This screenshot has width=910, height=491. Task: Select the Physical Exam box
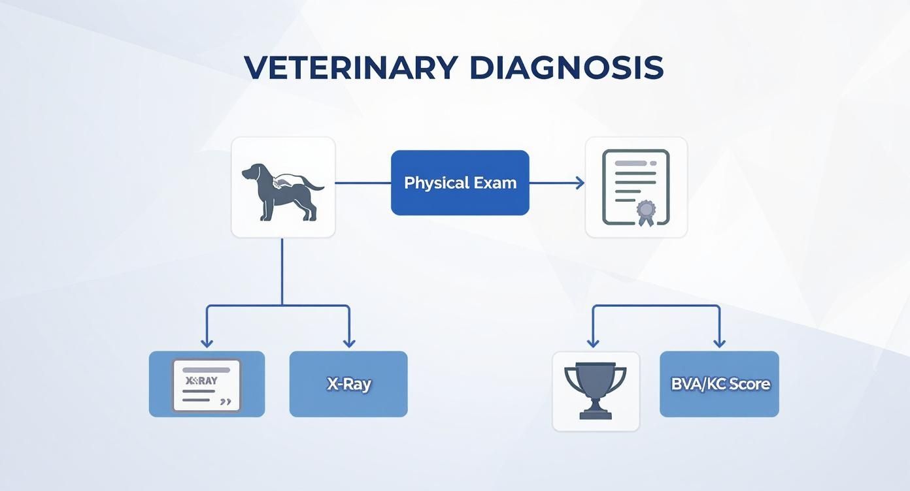click(x=460, y=183)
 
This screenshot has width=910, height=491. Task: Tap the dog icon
click(x=283, y=187)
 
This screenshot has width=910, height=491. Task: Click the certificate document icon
click(x=635, y=187)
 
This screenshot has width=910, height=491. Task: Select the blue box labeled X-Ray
click(x=348, y=384)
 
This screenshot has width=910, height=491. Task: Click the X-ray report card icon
click(x=207, y=385)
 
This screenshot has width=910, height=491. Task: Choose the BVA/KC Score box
click(x=719, y=384)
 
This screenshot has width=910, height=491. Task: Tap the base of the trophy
click(x=596, y=414)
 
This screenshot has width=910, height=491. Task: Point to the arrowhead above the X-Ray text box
click(x=348, y=342)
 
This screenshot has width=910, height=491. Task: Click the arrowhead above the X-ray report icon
click(x=207, y=342)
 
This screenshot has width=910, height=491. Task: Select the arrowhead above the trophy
click(x=593, y=342)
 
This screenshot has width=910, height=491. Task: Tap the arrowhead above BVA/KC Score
click(x=719, y=342)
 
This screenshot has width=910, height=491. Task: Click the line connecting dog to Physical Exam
click(x=363, y=183)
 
